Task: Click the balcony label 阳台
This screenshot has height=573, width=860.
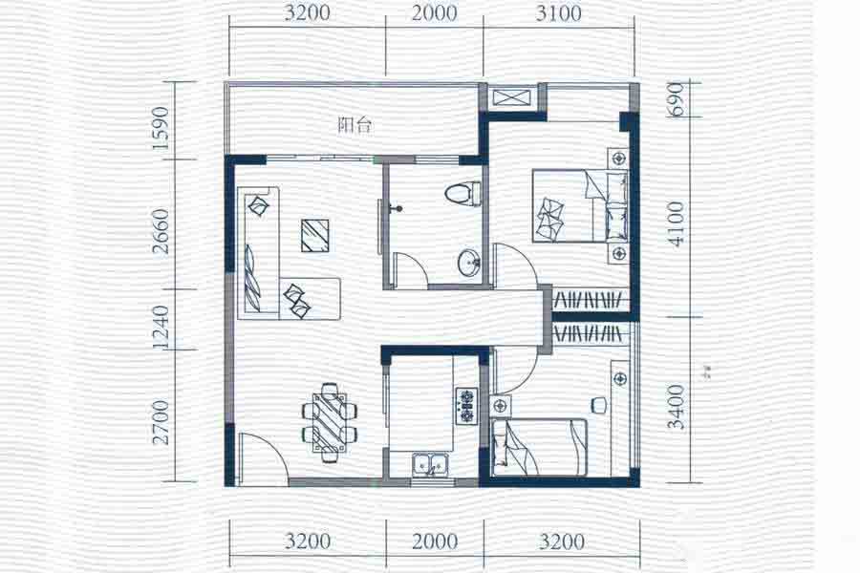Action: point(355,125)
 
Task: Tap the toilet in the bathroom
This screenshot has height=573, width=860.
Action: point(462,194)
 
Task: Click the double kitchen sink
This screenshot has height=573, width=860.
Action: point(432,465)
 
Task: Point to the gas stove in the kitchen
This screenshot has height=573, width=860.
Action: point(466,405)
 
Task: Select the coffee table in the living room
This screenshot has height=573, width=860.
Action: point(315,235)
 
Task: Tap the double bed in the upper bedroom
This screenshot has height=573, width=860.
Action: point(579,205)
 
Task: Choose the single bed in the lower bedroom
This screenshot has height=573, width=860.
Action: point(540,447)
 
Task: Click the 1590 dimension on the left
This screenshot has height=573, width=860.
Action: point(161,128)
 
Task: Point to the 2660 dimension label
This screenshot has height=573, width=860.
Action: point(161,231)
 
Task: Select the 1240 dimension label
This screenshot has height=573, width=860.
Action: point(161,327)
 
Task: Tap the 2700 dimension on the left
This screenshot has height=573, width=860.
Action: point(161,422)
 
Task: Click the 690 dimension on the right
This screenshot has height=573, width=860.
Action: point(677,99)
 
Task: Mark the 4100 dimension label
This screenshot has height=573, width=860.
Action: point(677,224)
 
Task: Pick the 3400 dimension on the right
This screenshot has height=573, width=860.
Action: point(677,407)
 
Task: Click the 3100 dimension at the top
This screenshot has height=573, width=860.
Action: point(559,12)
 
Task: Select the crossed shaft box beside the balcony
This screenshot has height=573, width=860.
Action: point(512,98)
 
